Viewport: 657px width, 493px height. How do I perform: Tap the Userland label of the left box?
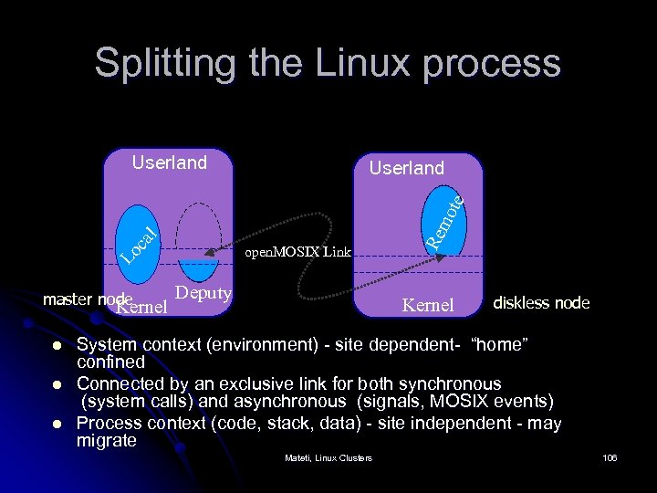tap(170, 163)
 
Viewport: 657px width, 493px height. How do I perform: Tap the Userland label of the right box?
tap(406, 168)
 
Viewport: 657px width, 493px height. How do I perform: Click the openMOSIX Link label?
tap(298, 252)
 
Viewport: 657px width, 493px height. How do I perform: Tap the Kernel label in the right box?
tap(428, 304)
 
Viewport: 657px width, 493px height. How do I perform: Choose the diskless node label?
tap(541, 302)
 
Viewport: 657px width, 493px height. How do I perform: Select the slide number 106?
tap(610, 456)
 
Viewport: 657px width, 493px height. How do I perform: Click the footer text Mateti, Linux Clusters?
tap(328, 456)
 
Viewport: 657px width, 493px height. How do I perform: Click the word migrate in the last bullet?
tap(107, 441)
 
